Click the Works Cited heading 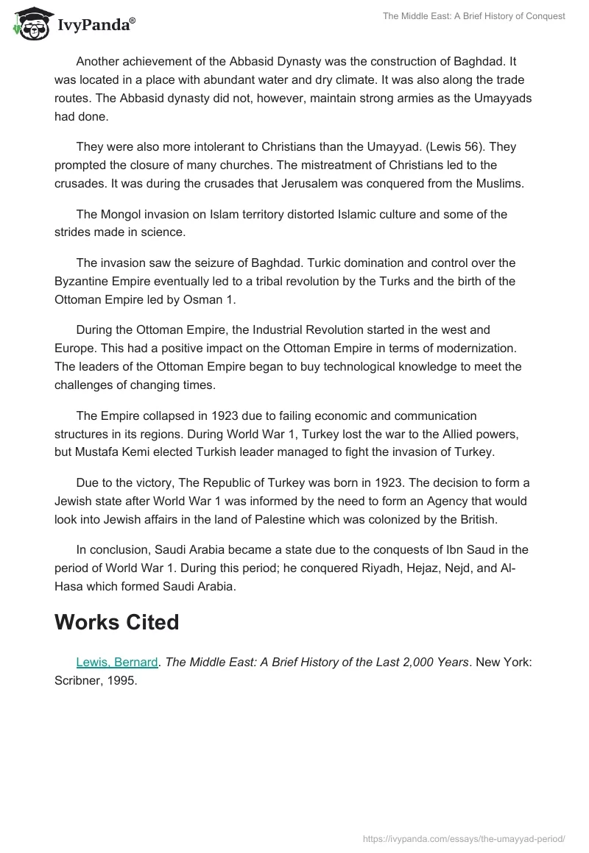116,622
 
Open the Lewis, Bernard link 116,662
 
